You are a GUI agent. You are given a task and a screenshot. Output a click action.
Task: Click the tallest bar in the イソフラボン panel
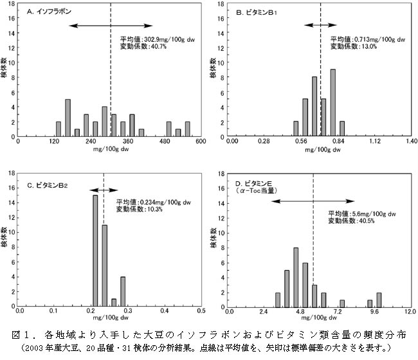[68, 118]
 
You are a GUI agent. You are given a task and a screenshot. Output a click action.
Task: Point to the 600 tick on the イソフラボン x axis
[201, 141]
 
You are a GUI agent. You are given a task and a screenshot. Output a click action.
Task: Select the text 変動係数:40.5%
[352, 221]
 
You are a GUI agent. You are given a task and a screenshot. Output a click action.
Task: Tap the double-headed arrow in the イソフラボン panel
[111, 26]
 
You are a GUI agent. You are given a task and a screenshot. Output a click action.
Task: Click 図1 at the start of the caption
[22, 335]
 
